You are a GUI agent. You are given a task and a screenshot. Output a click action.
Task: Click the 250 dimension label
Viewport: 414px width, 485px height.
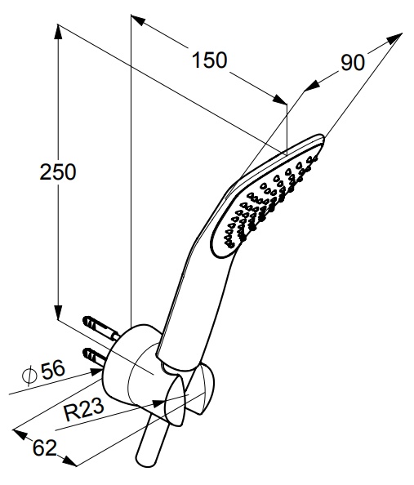click(58, 172)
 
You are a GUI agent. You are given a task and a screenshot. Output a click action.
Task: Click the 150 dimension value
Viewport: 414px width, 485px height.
click(210, 60)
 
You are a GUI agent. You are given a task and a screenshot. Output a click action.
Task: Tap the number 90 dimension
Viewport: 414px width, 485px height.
click(353, 63)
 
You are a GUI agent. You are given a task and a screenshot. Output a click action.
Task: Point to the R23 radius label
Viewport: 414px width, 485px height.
click(83, 410)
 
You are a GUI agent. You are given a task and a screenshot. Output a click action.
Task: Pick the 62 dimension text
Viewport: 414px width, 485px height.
click(45, 447)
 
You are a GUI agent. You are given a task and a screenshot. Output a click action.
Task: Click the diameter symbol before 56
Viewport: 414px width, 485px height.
click(29, 375)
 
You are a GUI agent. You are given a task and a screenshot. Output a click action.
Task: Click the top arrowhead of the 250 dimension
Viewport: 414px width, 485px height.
click(58, 32)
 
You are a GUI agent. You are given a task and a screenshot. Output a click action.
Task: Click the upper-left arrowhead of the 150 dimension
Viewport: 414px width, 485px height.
click(138, 20)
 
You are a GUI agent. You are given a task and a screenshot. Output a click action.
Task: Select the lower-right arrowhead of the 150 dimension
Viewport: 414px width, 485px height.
click(280, 100)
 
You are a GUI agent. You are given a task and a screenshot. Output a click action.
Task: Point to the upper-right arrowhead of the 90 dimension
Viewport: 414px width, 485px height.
click(395, 38)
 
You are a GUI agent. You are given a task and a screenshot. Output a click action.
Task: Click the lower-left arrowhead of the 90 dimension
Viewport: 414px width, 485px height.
click(312, 86)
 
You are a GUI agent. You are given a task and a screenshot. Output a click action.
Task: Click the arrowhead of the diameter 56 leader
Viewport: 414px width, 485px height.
click(96, 372)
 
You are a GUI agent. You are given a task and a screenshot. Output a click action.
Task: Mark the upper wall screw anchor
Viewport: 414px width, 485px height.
click(100, 327)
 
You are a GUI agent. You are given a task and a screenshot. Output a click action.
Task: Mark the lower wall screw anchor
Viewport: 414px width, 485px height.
click(95, 357)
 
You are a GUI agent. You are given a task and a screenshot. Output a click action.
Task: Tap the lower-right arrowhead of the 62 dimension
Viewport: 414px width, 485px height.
click(69, 461)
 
